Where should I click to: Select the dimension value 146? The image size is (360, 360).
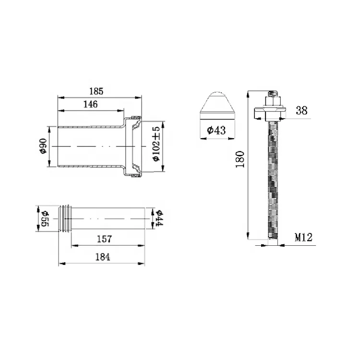point(90,104)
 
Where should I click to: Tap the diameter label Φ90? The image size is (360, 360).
point(42,146)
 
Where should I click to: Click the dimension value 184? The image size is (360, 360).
point(102,257)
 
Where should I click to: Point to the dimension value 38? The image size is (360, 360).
point(301,110)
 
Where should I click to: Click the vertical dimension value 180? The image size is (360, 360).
point(240,159)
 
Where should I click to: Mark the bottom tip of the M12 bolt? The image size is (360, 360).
point(272,243)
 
